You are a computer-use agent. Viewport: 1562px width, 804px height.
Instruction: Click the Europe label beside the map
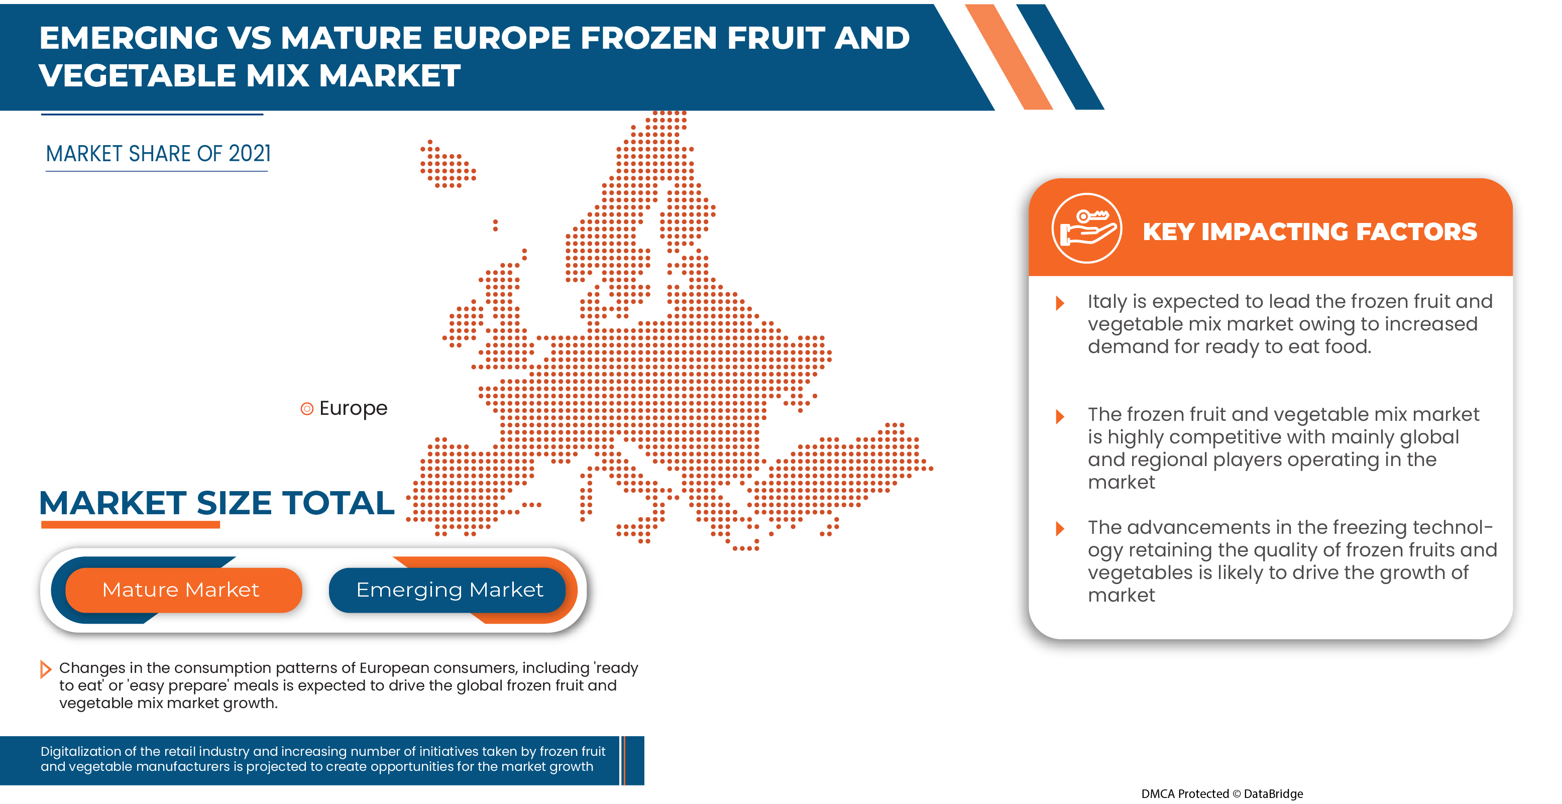pos(353,408)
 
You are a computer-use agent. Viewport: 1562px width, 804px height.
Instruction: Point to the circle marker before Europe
pos(307,409)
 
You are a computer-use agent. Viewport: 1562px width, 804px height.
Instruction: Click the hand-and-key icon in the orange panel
pos(1086,228)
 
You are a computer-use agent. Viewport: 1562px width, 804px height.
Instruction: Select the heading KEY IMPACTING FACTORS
pos(1309,232)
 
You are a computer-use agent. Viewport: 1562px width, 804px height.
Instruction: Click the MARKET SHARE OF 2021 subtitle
pos(158,154)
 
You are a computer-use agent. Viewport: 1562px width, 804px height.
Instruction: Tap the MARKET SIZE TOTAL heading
pos(216,503)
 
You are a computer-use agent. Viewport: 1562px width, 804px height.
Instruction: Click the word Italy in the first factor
pos(1106,301)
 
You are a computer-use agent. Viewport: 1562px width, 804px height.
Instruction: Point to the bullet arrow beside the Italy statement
pos(1060,302)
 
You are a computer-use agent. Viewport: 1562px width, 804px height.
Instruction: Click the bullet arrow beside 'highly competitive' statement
pos(1060,416)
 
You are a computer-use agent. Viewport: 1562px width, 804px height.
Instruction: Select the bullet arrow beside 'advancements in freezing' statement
pos(1060,528)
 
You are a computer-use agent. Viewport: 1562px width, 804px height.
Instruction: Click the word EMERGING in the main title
pos(129,38)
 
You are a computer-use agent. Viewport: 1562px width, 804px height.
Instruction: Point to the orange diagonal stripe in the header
pos(1008,56)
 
